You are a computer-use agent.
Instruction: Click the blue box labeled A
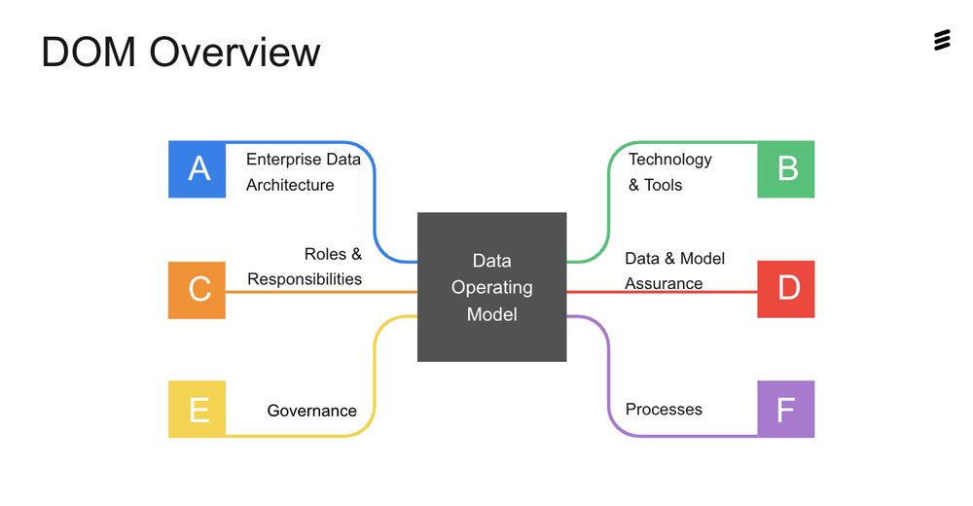click(198, 169)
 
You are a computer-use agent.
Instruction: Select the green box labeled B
click(786, 169)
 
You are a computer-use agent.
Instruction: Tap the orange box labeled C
click(198, 290)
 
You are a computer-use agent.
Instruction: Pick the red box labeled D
click(786, 289)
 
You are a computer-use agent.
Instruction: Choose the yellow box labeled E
click(198, 410)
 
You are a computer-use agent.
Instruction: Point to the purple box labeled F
click(786, 410)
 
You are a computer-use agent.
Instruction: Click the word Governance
click(311, 411)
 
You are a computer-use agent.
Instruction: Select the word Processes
click(664, 410)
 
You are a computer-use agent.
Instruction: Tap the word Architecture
click(290, 185)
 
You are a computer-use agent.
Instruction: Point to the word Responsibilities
click(305, 279)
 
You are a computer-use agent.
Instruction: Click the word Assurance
click(664, 284)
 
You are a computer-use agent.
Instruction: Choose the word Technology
click(670, 160)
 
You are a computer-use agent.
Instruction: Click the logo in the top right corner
click(941, 40)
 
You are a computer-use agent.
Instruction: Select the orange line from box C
click(321, 292)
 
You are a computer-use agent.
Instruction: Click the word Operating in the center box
click(492, 288)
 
